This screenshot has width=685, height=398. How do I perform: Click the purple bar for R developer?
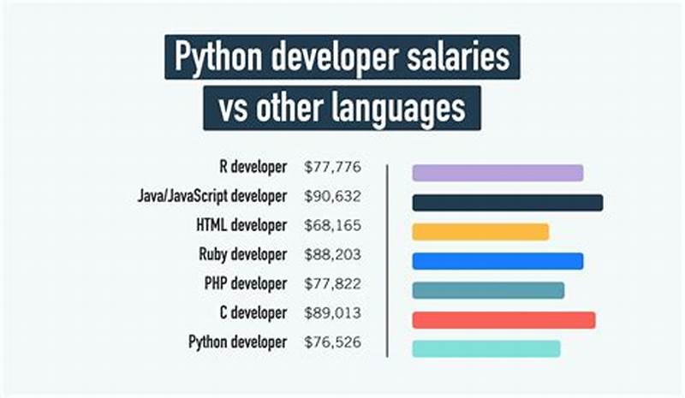click(497, 173)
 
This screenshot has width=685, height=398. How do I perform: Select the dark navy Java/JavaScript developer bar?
click(507, 203)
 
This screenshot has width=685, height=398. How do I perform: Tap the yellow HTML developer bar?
click(479, 232)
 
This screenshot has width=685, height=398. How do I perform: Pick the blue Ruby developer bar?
click(497, 261)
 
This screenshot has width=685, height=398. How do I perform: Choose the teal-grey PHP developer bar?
click(488, 290)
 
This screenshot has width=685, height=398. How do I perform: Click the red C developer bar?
click(503, 319)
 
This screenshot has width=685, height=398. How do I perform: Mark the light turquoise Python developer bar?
click(485, 348)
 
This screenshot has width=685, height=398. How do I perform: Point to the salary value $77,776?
click(332, 167)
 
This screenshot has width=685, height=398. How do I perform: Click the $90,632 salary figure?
click(332, 196)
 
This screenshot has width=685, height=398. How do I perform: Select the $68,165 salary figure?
click(332, 225)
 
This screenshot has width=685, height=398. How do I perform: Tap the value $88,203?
click(332, 254)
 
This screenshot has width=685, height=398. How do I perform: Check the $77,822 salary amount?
click(332, 283)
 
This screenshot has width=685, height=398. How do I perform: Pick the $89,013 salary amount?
click(332, 312)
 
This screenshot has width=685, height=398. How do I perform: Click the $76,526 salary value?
click(332, 342)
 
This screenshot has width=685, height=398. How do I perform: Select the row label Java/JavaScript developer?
click(211, 196)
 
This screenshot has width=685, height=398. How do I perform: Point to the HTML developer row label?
click(241, 225)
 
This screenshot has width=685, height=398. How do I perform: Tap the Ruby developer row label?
click(243, 254)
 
